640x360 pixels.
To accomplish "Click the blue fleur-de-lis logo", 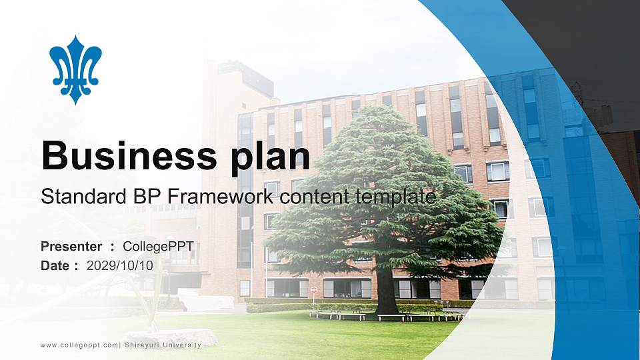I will tap(75, 69).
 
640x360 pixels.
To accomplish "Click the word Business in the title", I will tap(124, 155).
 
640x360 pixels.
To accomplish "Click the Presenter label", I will tap(71, 247).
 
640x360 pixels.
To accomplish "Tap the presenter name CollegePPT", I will tap(158, 247).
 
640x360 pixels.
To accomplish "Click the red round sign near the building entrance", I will tap(313, 289).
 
